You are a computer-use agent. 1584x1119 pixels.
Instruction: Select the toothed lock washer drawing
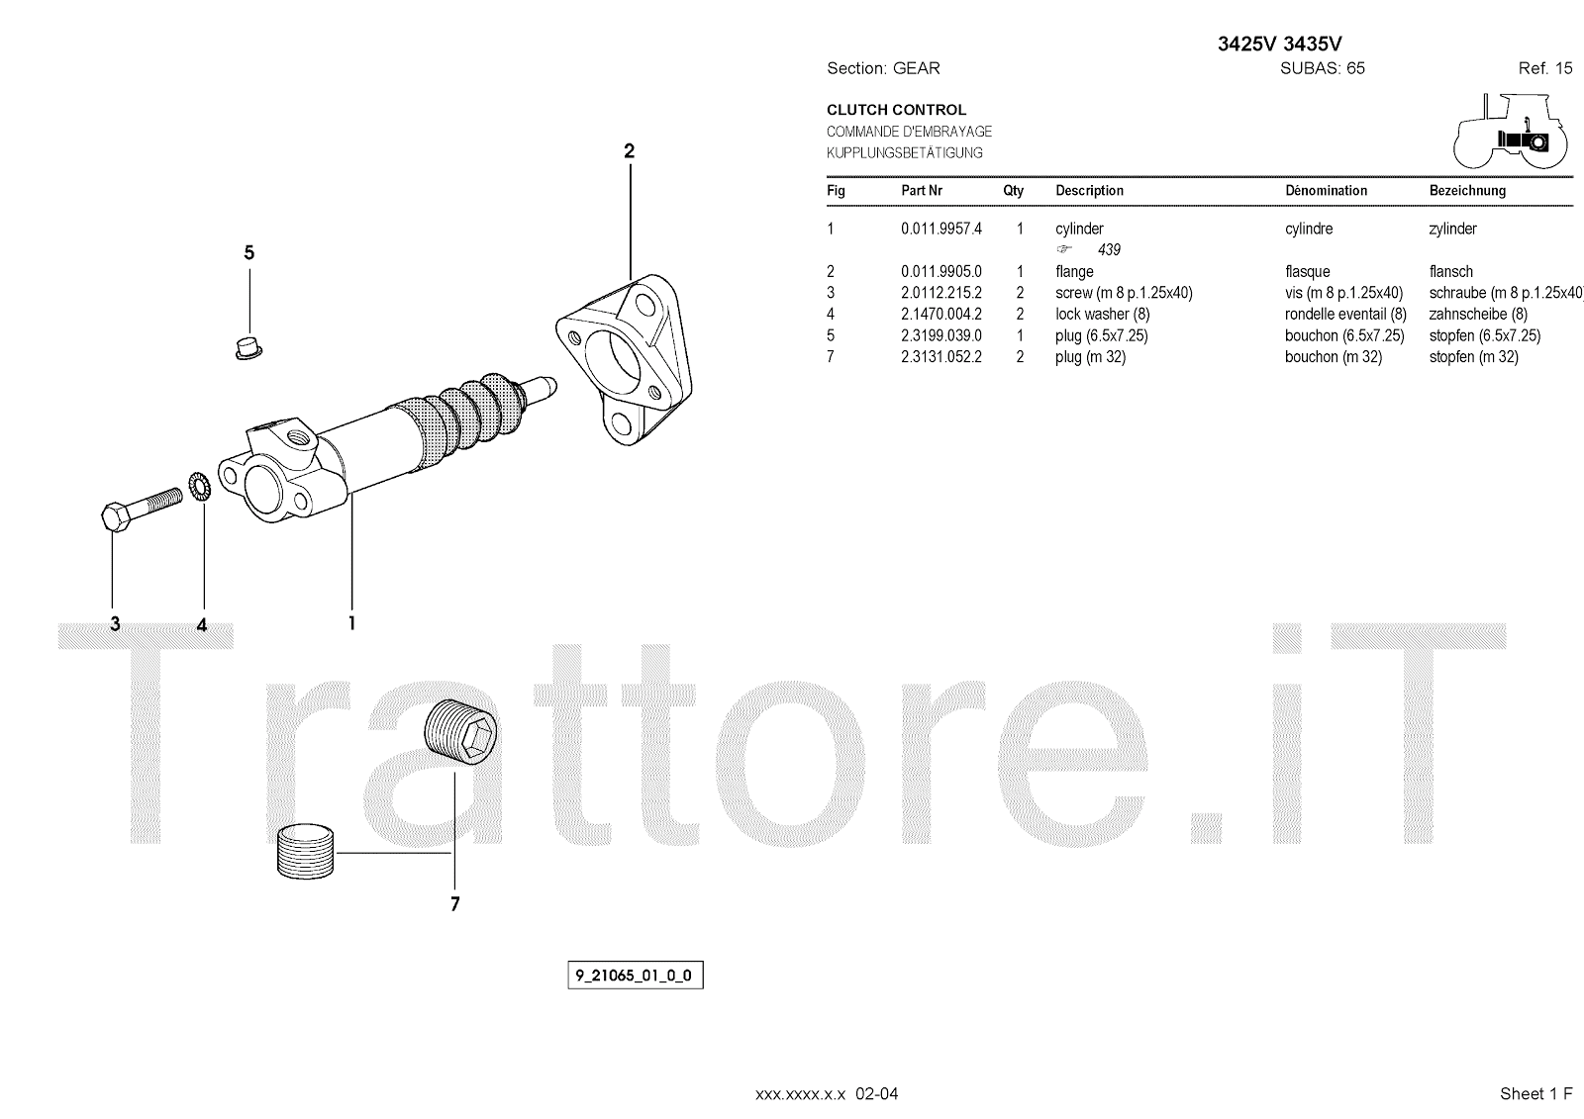200,488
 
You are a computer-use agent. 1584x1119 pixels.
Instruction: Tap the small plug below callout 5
248,348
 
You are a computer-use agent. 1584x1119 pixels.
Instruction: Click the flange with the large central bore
624,360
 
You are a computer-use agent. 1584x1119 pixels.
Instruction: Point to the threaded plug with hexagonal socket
461,731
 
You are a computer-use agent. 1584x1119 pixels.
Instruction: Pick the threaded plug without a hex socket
305,852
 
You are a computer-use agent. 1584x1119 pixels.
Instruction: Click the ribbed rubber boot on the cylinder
459,420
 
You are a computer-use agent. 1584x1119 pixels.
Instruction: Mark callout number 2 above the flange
630,150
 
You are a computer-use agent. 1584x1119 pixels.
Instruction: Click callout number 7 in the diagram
454,904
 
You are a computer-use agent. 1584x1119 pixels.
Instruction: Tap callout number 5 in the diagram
248,252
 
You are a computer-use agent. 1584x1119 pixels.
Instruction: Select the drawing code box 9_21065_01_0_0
635,976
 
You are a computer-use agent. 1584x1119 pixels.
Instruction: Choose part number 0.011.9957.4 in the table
941,229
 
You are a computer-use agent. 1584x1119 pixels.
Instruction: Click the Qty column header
1014,191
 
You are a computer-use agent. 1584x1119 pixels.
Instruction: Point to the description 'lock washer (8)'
1103,314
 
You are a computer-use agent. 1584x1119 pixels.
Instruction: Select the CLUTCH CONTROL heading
896,110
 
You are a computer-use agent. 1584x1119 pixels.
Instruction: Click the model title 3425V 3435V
1279,44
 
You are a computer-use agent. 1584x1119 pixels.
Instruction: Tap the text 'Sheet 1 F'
1535,1093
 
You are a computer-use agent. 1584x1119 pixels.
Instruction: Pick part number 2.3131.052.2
941,357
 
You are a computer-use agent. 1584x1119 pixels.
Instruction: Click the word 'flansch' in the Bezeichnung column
1451,271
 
